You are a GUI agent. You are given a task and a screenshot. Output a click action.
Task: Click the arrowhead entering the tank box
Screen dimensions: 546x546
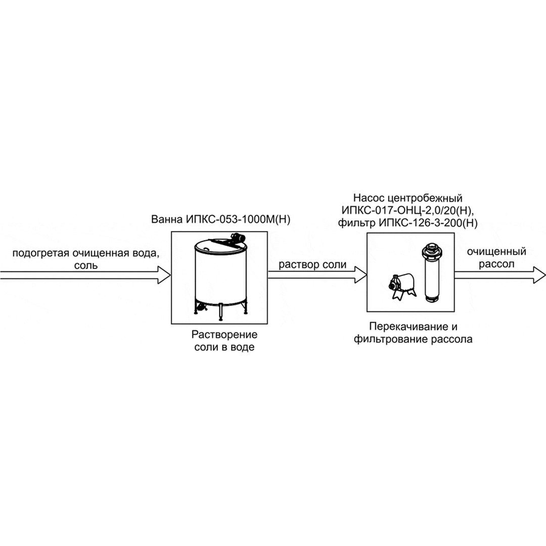pyautogui.click(x=164, y=276)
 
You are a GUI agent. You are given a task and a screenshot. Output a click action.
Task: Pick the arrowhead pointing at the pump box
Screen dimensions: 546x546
pyautogui.click(x=360, y=276)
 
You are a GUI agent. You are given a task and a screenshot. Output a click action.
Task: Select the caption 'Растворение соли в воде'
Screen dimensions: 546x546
pyautogui.click(x=224, y=341)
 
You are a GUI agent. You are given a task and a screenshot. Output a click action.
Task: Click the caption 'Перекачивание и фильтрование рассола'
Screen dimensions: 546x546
pyautogui.click(x=421, y=333)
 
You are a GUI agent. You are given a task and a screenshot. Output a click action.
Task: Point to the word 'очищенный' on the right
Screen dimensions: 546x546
pyautogui.click(x=496, y=252)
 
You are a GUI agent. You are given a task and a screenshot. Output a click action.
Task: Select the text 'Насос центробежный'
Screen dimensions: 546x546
pyautogui.click(x=407, y=198)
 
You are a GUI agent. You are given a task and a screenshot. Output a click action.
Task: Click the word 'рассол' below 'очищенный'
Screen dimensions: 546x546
pyautogui.click(x=496, y=264)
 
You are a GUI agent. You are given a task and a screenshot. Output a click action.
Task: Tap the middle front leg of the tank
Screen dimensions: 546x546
pyautogui.click(x=220, y=312)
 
